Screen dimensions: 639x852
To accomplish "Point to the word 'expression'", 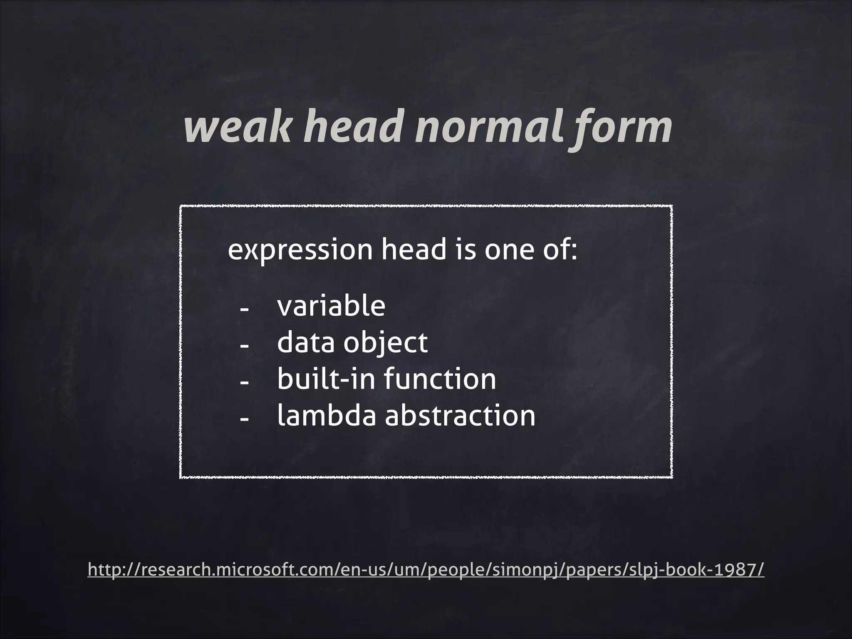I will (300, 250).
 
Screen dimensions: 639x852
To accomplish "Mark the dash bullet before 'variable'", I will (244, 310).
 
